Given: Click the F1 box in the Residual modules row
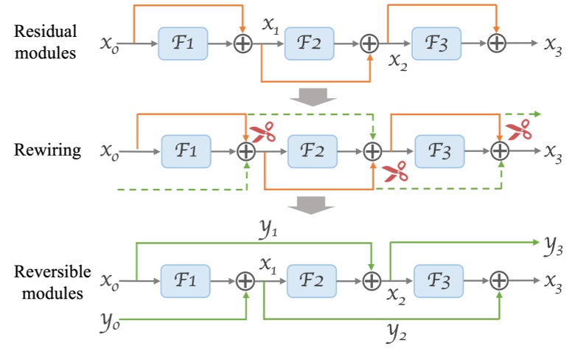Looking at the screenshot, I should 184,44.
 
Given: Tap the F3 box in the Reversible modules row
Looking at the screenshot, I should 439,280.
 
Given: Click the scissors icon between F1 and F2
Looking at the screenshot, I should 262,133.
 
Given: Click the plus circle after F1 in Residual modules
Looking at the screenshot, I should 243,44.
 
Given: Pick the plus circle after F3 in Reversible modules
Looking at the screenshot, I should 499,280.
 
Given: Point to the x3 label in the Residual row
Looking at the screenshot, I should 554,44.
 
